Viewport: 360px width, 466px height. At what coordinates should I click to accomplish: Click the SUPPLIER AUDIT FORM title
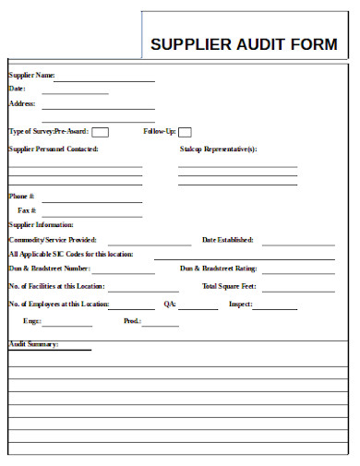[x=244, y=44]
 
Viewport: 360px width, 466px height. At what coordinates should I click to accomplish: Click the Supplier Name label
[x=32, y=75]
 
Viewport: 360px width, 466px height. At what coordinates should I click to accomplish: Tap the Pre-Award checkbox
[x=101, y=132]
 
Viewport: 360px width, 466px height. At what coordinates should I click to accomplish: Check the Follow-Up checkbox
[x=185, y=132]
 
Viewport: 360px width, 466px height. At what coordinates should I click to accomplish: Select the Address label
[x=22, y=104]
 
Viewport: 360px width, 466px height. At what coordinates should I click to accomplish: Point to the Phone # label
[x=22, y=197]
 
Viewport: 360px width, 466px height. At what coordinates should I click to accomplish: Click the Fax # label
[x=27, y=210]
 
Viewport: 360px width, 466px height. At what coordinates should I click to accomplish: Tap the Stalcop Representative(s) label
[x=218, y=149]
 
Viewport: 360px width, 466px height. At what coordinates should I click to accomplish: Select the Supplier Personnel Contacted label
[x=54, y=149]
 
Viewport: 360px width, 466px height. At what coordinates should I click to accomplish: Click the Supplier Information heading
[x=41, y=224]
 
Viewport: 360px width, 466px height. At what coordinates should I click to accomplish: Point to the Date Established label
[x=227, y=240]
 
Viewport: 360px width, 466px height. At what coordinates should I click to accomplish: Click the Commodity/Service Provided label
[x=53, y=240]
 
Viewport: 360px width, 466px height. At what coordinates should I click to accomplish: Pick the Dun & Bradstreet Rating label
[x=218, y=269]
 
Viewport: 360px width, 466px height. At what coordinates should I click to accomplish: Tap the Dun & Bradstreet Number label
[x=49, y=269]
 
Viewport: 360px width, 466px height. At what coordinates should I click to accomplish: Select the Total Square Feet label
[x=229, y=286]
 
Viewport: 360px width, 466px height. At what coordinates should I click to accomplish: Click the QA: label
[x=170, y=304]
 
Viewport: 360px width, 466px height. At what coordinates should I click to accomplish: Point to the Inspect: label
[x=241, y=304]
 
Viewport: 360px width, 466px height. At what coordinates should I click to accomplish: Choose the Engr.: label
[x=31, y=321]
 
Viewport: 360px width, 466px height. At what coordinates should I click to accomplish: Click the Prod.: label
[x=132, y=321]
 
